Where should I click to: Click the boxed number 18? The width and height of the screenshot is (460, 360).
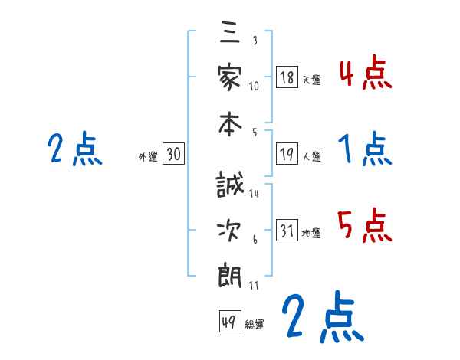(x=287, y=77)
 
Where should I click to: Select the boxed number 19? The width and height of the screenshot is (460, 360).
(x=287, y=155)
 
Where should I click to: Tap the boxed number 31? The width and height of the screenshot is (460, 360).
(x=287, y=231)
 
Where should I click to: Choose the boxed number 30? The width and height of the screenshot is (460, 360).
(x=173, y=155)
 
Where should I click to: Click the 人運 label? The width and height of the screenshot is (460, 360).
(x=312, y=157)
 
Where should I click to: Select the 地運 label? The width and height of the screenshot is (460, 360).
(x=312, y=234)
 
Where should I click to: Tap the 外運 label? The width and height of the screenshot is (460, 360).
(x=148, y=157)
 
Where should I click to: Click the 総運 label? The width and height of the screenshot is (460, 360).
(x=255, y=324)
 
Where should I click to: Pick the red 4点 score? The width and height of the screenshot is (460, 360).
(x=365, y=74)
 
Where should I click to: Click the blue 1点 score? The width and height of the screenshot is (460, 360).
(x=365, y=149)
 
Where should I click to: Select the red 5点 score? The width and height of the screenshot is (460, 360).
(x=365, y=226)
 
